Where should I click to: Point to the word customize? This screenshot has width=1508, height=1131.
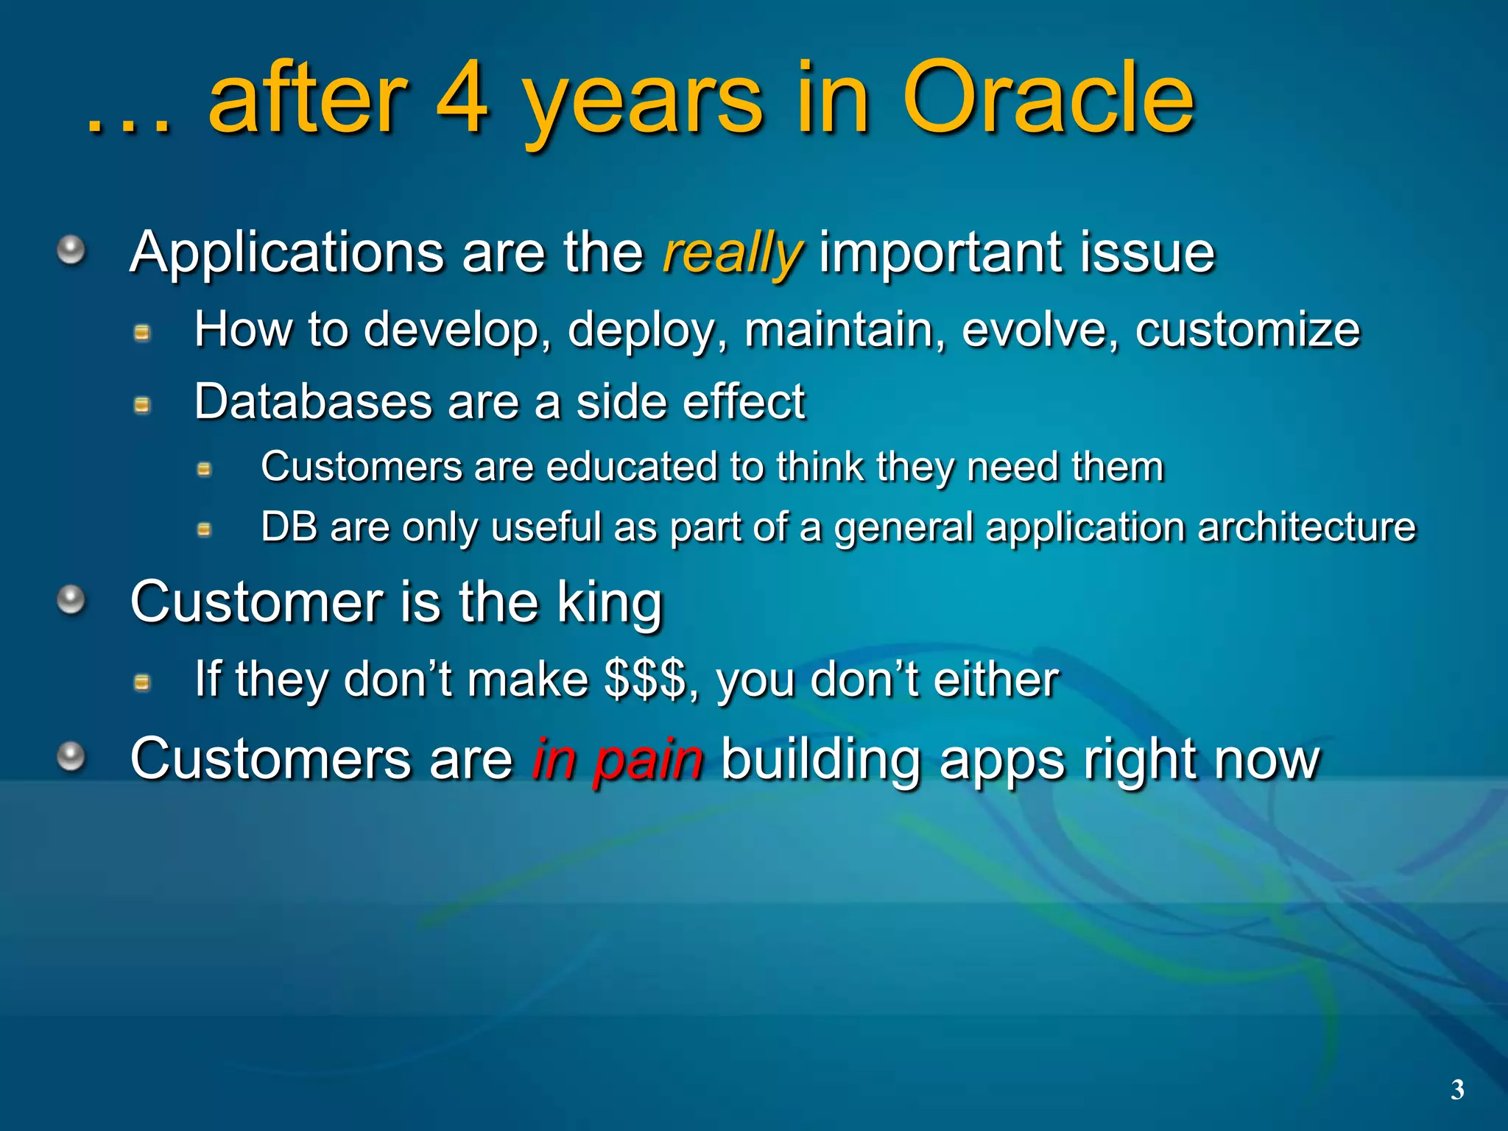pyautogui.click(x=1247, y=330)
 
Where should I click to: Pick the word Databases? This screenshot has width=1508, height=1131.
pyautogui.click(x=313, y=402)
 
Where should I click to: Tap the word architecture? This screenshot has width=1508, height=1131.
pyautogui.click(x=1306, y=527)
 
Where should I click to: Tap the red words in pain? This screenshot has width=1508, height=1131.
pyautogui.click(x=617, y=760)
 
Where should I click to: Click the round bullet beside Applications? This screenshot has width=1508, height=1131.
pyautogui.click(x=71, y=250)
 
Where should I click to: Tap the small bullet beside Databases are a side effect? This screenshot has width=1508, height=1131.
pyautogui.click(x=142, y=405)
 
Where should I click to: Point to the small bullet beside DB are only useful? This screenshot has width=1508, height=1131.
pyautogui.click(x=205, y=529)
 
